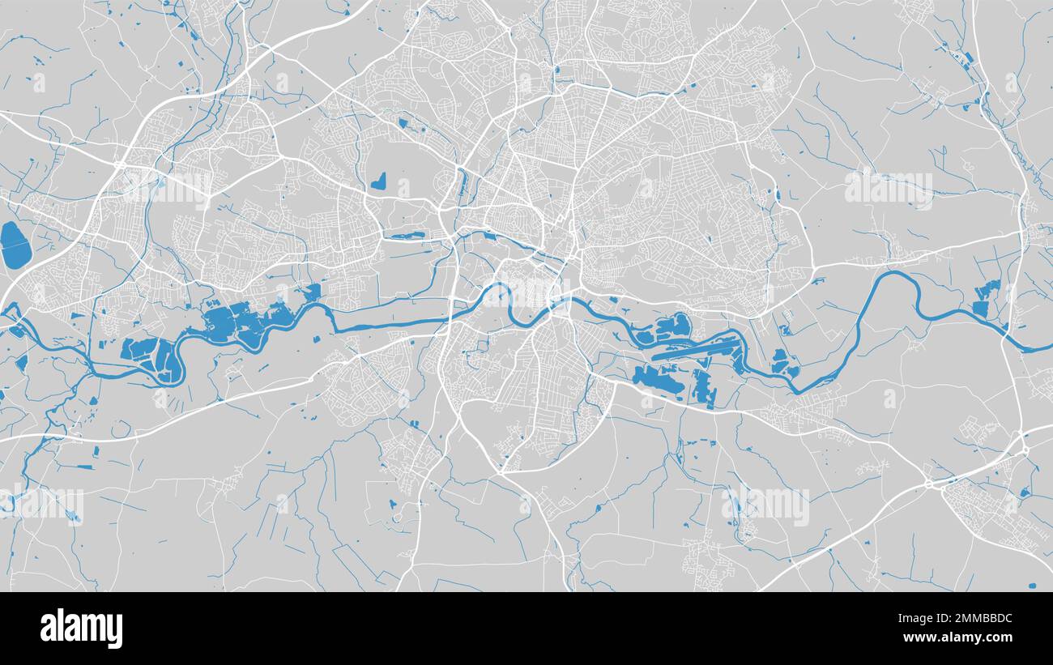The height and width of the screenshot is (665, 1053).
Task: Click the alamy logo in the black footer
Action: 81,629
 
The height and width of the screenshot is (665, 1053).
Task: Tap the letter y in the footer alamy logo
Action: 116,632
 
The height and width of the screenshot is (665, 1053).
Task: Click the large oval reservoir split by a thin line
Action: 13,245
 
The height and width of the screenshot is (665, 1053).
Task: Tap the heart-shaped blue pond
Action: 378,182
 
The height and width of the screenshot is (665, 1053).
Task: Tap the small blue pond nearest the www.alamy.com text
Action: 1031,585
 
